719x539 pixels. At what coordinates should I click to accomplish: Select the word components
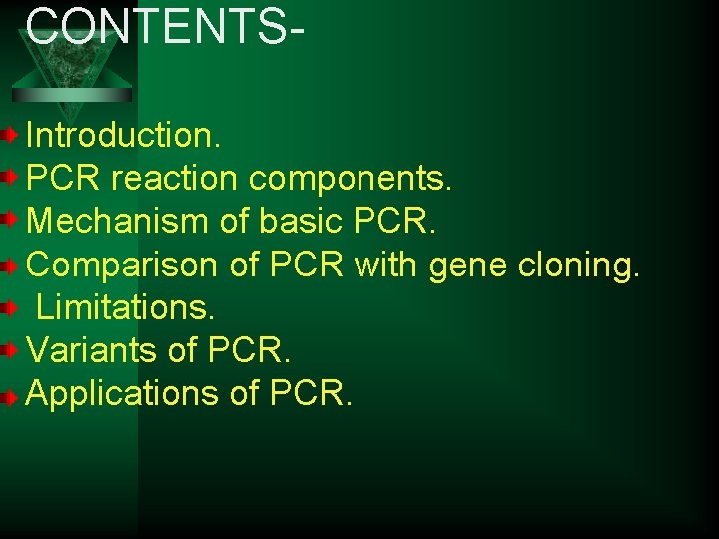point(351,179)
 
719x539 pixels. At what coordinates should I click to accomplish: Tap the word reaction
point(174,179)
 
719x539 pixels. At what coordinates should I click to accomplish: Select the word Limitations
point(126,307)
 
